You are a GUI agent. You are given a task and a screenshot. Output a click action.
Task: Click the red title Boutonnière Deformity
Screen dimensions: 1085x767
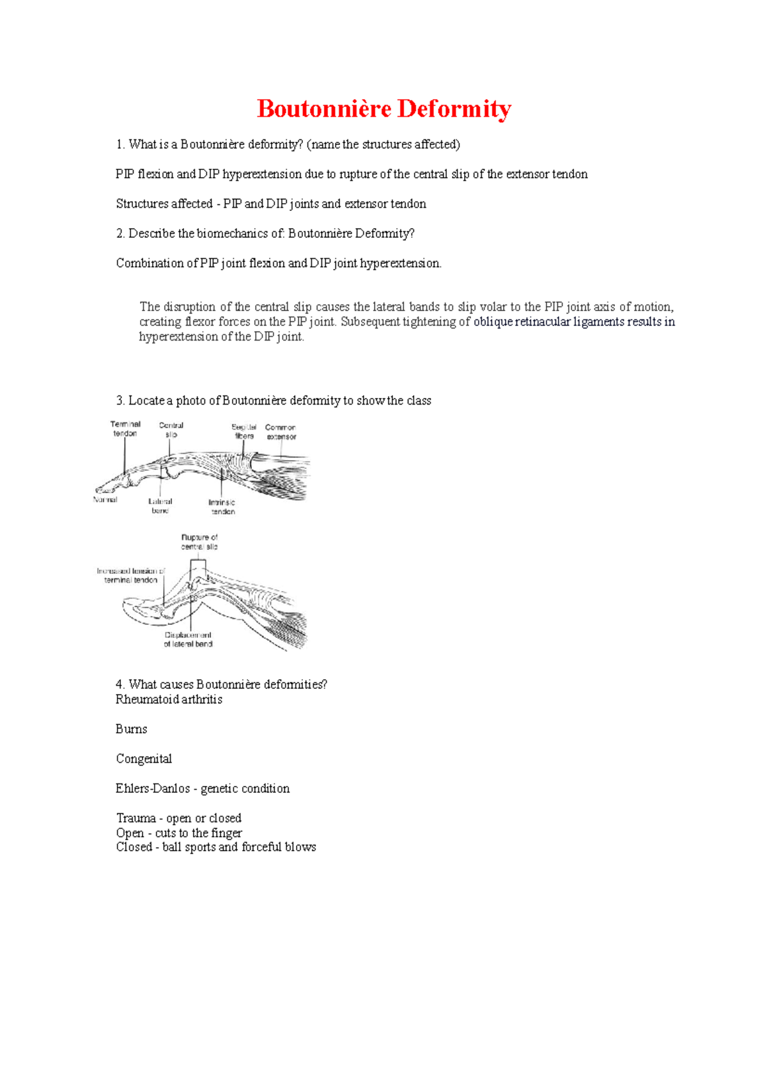pos(383,109)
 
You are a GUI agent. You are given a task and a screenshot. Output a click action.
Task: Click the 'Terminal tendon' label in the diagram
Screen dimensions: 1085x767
pos(125,429)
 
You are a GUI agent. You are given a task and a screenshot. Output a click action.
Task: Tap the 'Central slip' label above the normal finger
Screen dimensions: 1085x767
pos(171,430)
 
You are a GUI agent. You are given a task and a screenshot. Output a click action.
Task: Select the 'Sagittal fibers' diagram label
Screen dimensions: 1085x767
pos(244,431)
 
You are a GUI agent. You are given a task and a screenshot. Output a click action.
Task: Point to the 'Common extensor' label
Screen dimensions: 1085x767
pos(281,432)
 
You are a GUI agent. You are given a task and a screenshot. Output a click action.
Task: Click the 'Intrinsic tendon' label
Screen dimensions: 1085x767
pos(222,507)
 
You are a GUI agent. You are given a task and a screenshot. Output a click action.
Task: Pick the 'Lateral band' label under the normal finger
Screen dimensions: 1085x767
pos(160,505)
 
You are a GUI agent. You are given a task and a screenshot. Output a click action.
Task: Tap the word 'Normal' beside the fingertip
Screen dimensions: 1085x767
pos(105,500)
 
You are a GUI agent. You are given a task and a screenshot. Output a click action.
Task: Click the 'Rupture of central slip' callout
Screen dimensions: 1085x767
pos(199,542)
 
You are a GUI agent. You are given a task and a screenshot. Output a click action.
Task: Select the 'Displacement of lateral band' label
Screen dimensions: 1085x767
pos(188,640)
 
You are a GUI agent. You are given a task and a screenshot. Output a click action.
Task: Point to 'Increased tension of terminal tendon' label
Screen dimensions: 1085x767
pos(131,575)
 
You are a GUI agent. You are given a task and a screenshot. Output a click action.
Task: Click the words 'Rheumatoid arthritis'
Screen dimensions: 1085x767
pos(169,700)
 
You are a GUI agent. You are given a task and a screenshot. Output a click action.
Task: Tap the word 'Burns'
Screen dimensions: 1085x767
pos(131,729)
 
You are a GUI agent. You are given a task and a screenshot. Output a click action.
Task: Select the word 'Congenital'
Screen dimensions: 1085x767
pos(144,759)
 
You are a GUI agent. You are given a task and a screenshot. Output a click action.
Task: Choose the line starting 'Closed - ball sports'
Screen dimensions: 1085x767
pos(216,847)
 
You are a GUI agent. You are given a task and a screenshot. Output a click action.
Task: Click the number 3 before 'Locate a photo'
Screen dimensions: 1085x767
pos(120,401)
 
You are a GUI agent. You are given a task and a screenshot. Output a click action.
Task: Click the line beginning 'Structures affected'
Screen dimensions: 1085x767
pos(271,204)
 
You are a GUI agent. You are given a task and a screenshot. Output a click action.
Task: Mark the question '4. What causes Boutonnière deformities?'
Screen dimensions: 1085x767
pos(221,684)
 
